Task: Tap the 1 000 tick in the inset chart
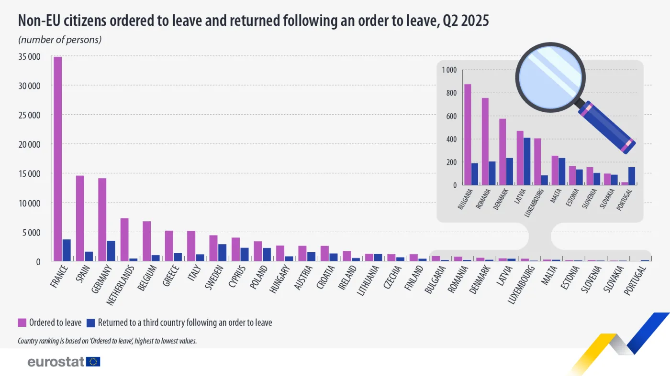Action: (449, 70)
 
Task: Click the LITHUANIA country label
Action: (368, 280)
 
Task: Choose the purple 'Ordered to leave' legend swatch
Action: (22, 322)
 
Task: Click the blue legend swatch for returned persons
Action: (90, 322)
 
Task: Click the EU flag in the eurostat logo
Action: (93, 362)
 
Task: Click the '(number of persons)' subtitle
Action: (60, 40)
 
